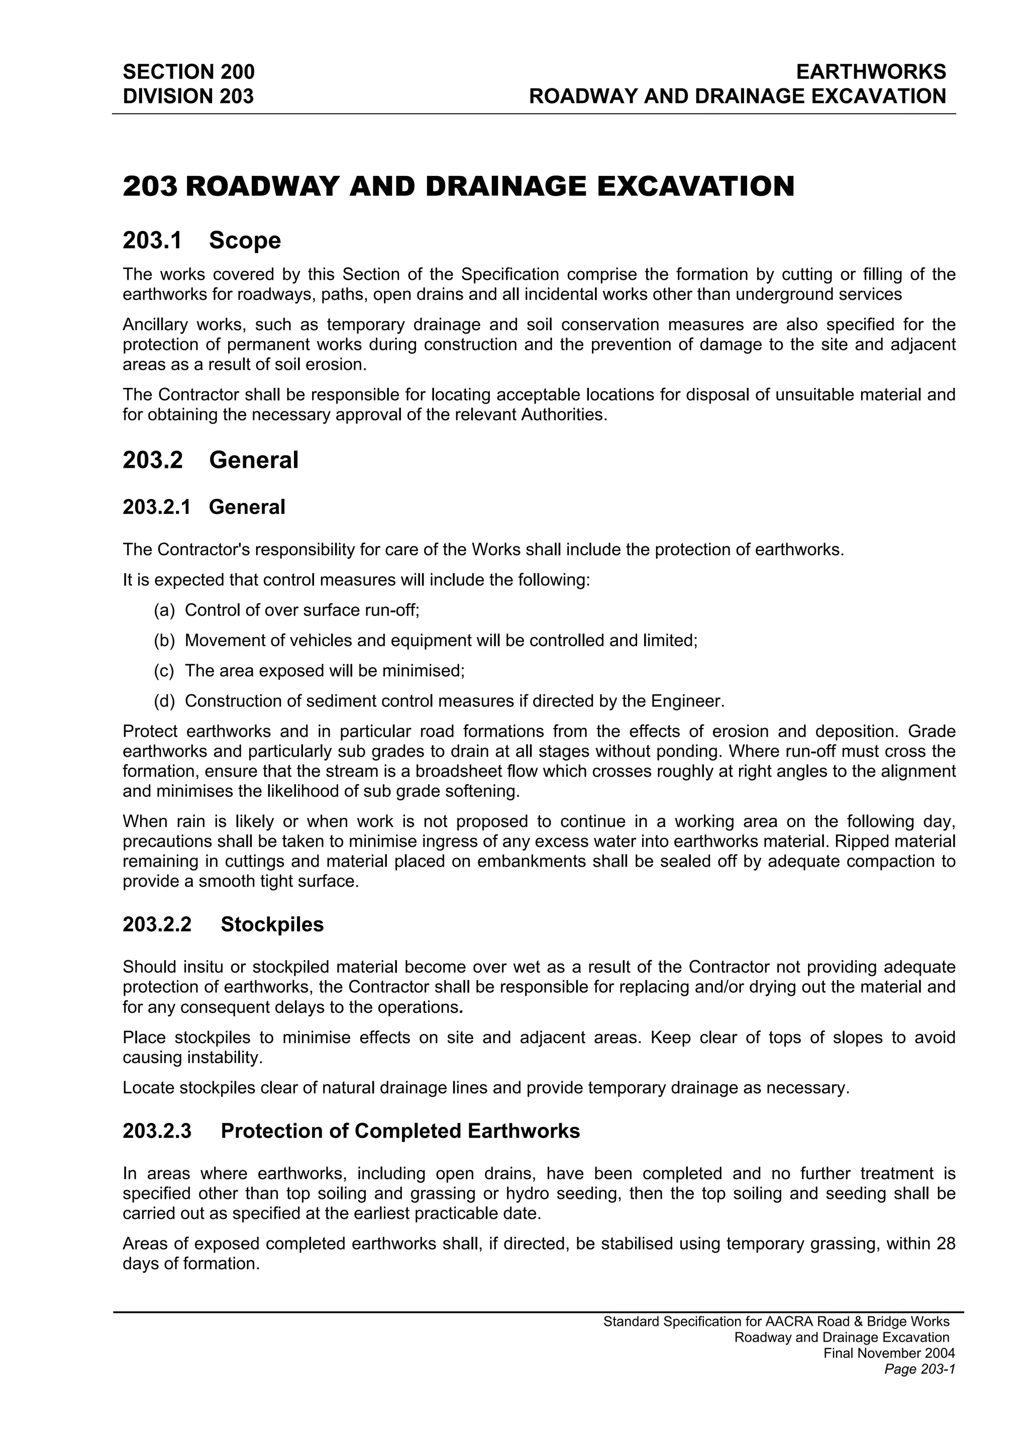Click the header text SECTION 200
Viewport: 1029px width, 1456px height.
click(188, 72)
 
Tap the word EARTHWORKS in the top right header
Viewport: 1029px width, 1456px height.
click(871, 72)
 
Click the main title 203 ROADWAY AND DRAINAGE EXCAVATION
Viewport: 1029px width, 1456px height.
click(458, 186)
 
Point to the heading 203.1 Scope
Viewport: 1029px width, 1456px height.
click(201, 240)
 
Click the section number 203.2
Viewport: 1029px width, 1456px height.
click(152, 460)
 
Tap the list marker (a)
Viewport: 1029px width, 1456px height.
click(164, 610)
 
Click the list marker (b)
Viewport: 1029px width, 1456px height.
click(164, 641)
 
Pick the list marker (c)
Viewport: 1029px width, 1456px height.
click(164, 670)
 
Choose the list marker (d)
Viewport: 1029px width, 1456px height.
click(164, 701)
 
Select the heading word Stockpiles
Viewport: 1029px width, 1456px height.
click(272, 924)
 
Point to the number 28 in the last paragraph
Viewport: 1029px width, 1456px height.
click(945, 1243)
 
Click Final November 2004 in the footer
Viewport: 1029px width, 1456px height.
click(889, 1354)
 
